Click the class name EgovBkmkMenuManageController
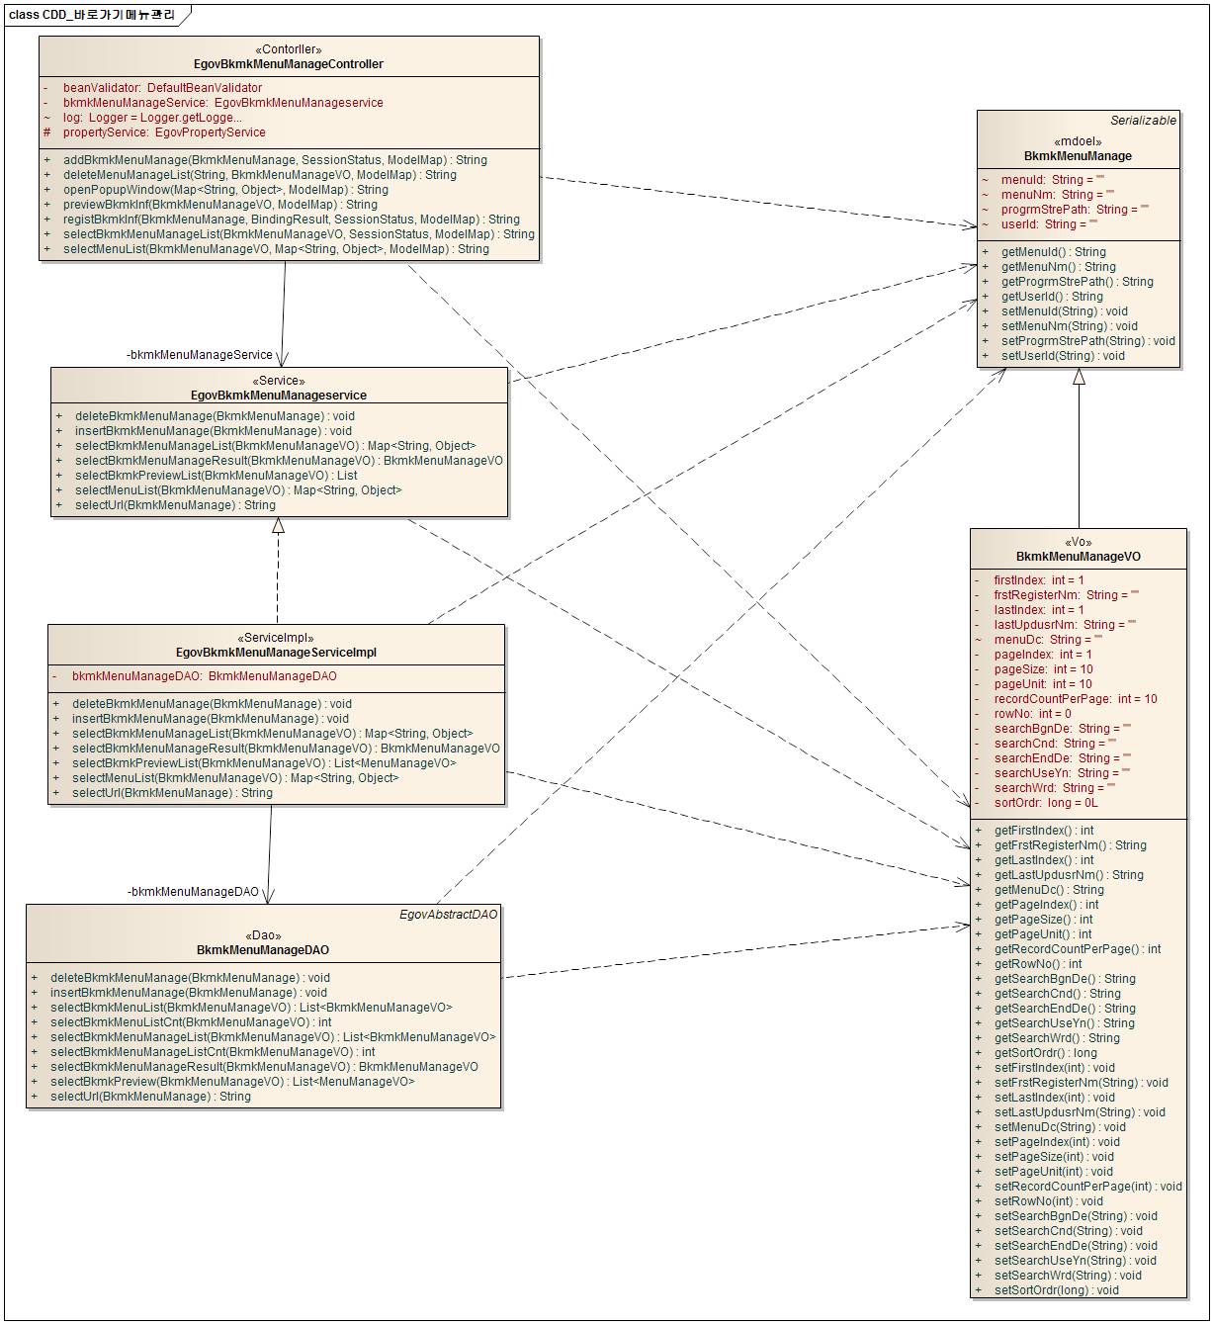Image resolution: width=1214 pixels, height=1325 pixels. (289, 64)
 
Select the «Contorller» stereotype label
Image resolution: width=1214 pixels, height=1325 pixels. (289, 49)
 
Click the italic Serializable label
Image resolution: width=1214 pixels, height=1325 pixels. (1143, 121)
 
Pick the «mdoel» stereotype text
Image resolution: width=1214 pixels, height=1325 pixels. (1078, 141)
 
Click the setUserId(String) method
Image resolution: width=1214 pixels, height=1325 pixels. (1063, 356)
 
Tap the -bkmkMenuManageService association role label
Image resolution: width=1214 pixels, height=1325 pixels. (200, 355)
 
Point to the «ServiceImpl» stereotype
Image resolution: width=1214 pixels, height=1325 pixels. (276, 638)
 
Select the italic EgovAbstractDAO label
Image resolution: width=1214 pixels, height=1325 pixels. (449, 915)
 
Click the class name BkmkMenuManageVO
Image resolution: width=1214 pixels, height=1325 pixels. (1078, 557)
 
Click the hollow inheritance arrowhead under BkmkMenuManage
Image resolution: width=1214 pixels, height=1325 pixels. (1079, 377)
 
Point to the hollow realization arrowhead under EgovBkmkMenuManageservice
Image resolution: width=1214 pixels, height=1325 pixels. (279, 526)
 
